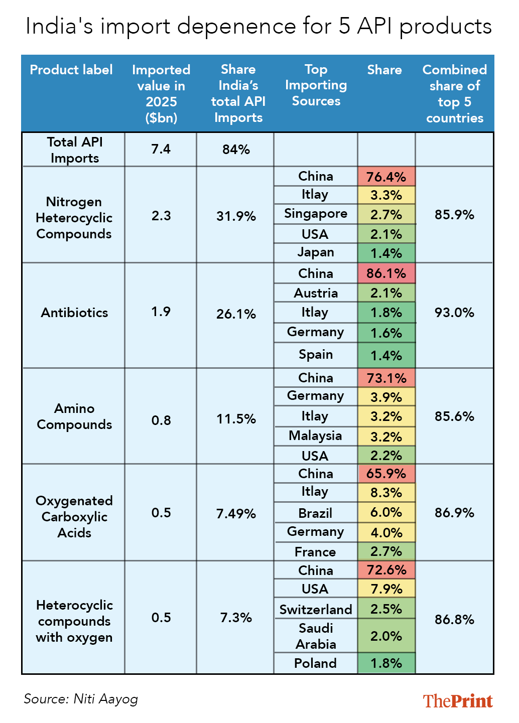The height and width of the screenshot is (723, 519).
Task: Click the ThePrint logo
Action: pyautogui.click(x=457, y=701)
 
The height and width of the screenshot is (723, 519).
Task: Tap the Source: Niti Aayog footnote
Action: pyautogui.click(x=81, y=699)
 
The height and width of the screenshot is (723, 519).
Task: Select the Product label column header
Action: pyautogui.click(x=71, y=70)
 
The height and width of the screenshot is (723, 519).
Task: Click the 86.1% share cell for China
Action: pyautogui.click(x=386, y=273)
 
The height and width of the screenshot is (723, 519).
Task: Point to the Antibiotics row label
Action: pyautogui.click(x=74, y=313)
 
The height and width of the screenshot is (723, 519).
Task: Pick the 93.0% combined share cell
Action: pyautogui.click(x=454, y=312)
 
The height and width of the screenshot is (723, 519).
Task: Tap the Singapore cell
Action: pyautogui.click(x=316, y=214)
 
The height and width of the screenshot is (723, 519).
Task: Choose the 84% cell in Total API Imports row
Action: pyautogui.click(x=236, y=150)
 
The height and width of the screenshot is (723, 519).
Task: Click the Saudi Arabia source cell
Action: pyautogui.click(x=316, y=636)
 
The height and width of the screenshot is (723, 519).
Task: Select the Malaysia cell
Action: pyautogui.click(x=315, y=436)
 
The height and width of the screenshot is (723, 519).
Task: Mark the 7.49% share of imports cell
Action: pyautogui.click(x=236, y=513)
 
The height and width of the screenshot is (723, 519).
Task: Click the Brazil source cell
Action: pyautogui.click(x=315, y=513)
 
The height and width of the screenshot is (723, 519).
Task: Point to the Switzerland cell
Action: pyautogui.click(x=316, y=610)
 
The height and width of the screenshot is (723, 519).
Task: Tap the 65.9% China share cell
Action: pyautogui.click(x=386, y=474)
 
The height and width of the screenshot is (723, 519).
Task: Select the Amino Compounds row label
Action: pyautogui.click(x=74, y=416)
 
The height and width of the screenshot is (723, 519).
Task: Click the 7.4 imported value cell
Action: pyautogui.click(x=161, y=149)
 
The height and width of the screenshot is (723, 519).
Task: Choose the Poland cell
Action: pyautogui.click(x=315, y=663)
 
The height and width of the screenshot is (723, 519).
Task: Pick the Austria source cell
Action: pyautogui.click(x=316, y=293)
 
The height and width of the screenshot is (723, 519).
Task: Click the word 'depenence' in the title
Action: pyautogui.click(x=237, y=27)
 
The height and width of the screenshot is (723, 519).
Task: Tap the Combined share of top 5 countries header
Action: pyautogui.click(x=454, y=94)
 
